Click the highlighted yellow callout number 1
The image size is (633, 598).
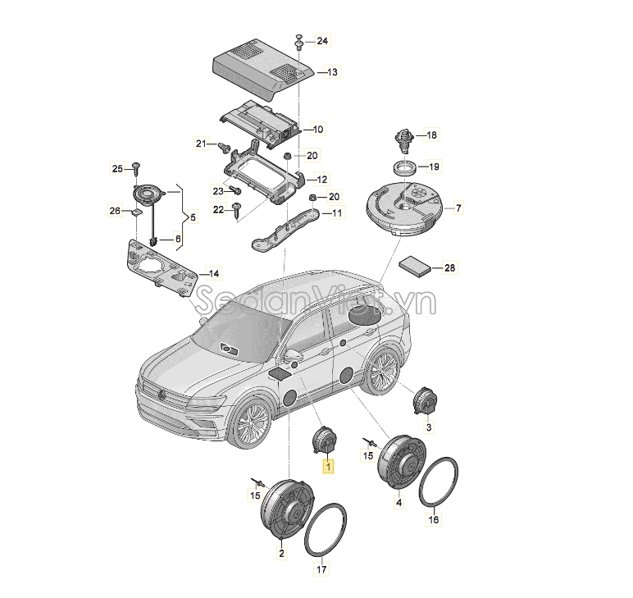[x=328, y=467]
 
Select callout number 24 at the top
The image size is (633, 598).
[x=322, y=41]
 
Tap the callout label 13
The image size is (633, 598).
[x=332, y=72]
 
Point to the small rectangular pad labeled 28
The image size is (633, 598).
[x=415, y=266]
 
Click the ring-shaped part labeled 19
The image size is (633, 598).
[x=405, y=167]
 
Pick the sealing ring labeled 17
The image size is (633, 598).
[x=326, y=530]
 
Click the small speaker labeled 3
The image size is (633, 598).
[x=425, y=400]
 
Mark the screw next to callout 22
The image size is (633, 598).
[x=237, y=211]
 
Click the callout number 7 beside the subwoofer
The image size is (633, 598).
[x=458, y=208]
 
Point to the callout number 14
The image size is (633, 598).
[x=213, y=274]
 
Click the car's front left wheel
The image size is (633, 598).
[x=249, y=422]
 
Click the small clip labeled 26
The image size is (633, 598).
[x=136, y=212]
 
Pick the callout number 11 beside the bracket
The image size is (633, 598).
[x=337, y=212]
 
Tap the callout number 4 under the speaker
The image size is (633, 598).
[x=398, y=503]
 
